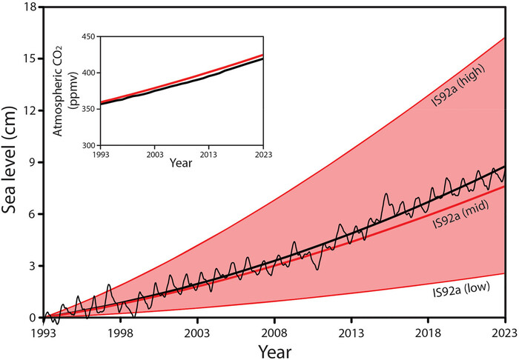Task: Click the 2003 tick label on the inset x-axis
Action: (154, 156)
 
